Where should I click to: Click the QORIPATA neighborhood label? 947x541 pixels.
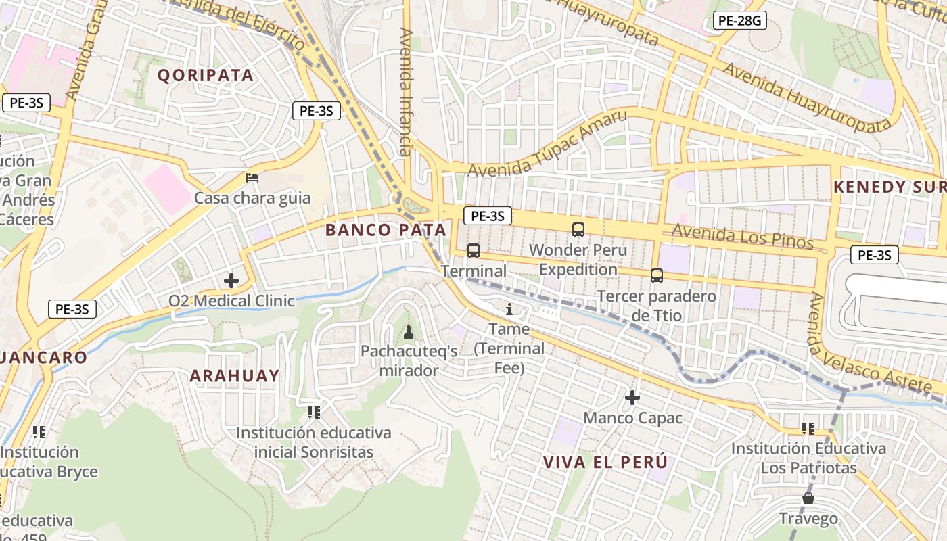tap(206, 75)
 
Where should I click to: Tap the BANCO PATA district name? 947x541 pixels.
tap(386, 230)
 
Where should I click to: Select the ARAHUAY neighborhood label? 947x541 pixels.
tap(234, 376)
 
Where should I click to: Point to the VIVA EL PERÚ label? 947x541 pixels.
tap(605, 462)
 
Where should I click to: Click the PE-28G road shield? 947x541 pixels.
tap(739, 20)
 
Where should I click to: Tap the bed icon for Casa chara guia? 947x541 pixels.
tap(252, 178)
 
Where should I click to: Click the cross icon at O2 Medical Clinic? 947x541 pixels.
tap(231, 280)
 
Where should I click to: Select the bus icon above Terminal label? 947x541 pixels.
tap(473, 251)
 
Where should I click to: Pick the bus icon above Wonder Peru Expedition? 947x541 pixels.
tap(578, 229)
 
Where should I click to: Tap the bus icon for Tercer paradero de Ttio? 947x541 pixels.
tap(656, 275)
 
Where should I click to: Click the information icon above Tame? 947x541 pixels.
tap(509, 309)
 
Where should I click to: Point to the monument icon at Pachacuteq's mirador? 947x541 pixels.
tap(408, 331)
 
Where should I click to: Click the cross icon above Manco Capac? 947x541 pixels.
tap(632, 398)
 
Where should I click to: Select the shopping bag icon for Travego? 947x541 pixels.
tap(808, 499)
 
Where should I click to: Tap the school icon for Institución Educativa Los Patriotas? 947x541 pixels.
tap(808, 428)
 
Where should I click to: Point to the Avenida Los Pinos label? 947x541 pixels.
tap(742, 237)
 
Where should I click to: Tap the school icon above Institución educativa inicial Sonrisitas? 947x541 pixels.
tap(313, 412)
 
